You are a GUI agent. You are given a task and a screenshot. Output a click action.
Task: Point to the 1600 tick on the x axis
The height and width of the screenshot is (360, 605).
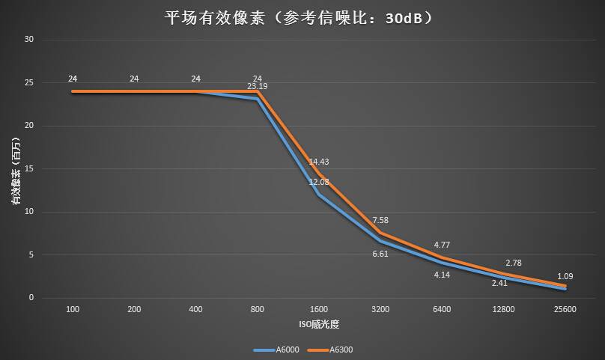coord(319,309)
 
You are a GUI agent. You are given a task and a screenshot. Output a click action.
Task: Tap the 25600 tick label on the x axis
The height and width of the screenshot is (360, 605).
coord(565,309)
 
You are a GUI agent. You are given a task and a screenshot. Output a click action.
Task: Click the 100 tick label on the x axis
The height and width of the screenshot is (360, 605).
coord(73,309)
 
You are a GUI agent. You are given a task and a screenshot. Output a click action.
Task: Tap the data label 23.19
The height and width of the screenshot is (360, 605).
coord(258,87)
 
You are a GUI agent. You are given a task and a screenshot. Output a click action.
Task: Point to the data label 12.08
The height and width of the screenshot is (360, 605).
coord(320,183)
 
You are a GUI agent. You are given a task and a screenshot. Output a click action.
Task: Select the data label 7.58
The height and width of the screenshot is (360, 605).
coord(380,221)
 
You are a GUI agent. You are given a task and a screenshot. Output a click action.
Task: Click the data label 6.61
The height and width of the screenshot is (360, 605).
coord(380,254)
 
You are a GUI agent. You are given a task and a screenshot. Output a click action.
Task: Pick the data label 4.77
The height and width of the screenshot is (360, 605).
coord(443,245)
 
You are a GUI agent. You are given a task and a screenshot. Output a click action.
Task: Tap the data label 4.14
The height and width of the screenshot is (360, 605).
coord(443,275)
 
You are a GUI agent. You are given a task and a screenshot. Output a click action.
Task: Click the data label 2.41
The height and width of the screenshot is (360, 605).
coord(500,283)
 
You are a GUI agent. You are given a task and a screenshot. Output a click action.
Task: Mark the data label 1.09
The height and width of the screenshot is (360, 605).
coord(565,276)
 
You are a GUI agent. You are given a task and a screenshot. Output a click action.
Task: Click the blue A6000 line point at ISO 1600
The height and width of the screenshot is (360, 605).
coord(319,194)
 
